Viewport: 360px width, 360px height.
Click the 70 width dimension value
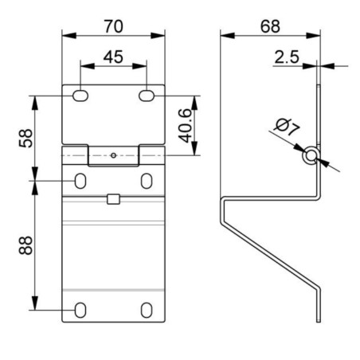tap(114, 26)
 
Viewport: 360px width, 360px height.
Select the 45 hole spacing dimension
tap(113, 57)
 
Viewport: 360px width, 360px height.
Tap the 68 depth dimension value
tap(270, 26)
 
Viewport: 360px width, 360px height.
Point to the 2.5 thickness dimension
tap(287, 57)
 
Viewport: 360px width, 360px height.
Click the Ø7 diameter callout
tap(288, 127)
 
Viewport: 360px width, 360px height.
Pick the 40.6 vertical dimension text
tap(185, 125)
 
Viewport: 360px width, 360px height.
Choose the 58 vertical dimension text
tap(25, 138)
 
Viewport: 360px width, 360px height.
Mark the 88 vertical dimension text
tap(25, 245)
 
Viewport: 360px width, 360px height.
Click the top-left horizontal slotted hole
tap(80, 96)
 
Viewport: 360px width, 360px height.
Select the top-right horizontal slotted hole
tap(147, 96)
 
